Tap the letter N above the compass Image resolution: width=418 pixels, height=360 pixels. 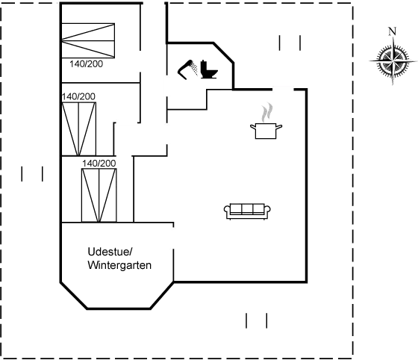coord(391,31)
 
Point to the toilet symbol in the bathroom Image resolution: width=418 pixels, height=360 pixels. coord(196,71)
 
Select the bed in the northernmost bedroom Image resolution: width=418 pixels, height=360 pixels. coord(90,40)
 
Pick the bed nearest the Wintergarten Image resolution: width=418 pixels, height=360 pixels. coord(99,194)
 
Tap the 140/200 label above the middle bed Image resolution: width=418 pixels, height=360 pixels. coord(80,97)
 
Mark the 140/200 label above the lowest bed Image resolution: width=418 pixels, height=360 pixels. coord(99,162)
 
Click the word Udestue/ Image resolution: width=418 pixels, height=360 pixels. coord(110,251)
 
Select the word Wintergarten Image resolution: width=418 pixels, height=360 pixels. coord(120,265)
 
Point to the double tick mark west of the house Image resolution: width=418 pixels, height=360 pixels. coord(32,173)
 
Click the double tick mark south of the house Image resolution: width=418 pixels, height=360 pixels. coord(256,321)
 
